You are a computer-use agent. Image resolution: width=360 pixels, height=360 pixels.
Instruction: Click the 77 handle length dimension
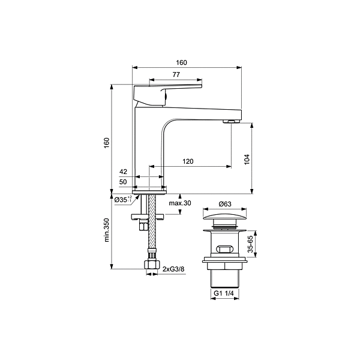click(x=176, y=74)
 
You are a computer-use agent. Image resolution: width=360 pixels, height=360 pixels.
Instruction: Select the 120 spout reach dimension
click(x=188, y=161)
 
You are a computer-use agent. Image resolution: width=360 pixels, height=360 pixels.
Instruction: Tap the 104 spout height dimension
click(x=247, y=160)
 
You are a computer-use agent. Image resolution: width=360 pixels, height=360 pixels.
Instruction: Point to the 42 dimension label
click(x=123, y=172)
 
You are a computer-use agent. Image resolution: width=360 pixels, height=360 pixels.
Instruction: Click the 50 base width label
click(x=123, y=182)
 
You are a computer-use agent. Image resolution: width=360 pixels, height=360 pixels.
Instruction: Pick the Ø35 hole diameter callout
click(x=123, y=199)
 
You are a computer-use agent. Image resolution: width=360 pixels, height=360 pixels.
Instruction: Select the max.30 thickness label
click(x=180, y=203)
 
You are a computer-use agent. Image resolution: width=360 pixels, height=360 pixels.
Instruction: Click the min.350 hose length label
click(x=107, y=230)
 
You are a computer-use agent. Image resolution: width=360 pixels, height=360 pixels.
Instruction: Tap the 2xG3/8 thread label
click(x=173, y=269)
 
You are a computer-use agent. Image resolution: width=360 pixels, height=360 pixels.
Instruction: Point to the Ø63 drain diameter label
click(x=225, y=204)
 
